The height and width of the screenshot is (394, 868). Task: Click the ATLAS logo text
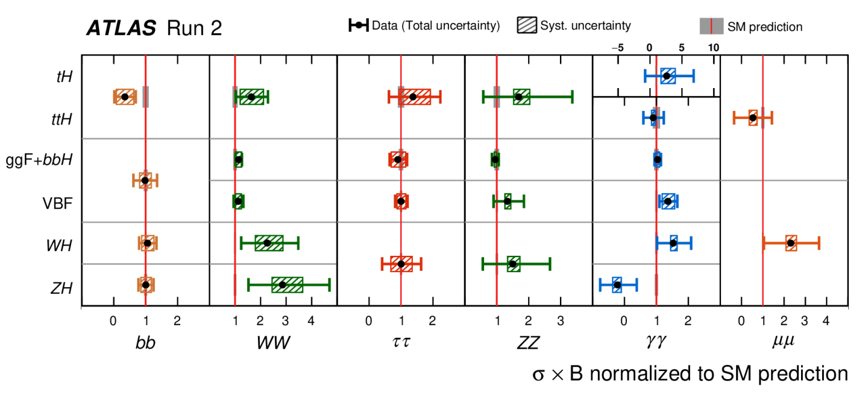121,28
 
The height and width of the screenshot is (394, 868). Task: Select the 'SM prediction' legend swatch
711,27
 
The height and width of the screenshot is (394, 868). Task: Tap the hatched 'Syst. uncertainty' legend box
527,25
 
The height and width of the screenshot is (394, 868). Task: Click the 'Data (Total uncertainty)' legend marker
359,25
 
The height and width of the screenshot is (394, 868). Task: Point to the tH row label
64,77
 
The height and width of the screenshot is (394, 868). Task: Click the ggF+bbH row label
39,160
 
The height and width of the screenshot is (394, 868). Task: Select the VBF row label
57,203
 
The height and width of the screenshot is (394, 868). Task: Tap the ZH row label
61,288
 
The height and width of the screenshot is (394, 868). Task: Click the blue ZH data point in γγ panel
617,285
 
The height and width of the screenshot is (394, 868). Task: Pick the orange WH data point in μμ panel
791,243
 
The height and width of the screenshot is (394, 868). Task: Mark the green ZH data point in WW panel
283,285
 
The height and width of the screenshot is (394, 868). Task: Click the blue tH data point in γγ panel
667,76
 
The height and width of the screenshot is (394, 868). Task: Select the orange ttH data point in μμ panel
753,118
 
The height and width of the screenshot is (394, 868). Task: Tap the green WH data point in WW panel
267,243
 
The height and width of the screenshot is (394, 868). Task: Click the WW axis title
273,343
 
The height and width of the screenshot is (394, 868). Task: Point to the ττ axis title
401,342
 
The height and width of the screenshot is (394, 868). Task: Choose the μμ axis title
783,342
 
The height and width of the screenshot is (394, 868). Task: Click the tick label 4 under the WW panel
311,321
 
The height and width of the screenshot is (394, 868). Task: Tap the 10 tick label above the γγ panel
714,48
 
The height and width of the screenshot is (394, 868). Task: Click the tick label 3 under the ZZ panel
561,321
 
